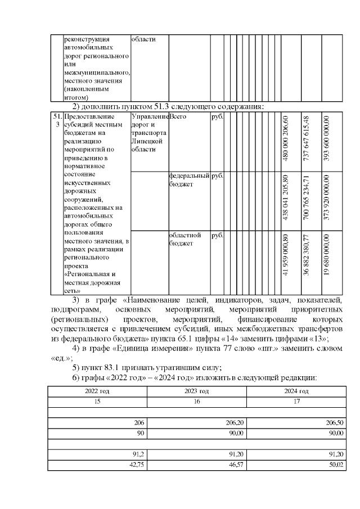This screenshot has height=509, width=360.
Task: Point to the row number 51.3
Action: pyautogui.click(x=56, y=120)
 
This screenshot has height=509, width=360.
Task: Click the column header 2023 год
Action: pyautogui.click(x=197, y=391)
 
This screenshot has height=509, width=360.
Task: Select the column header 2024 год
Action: pyautogui.click(x=295, y=391)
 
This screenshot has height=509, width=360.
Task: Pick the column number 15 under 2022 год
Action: pyautogui.click(x=97, y=402)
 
